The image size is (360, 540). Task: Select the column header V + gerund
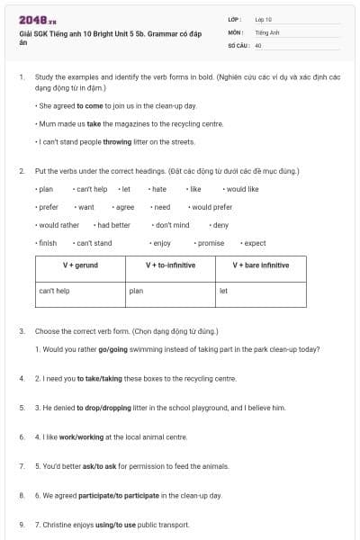coord(80,265)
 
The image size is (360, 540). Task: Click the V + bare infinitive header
coord(261,265)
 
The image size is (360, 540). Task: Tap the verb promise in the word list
coord(211,243)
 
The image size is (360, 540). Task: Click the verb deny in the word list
coord(220,225)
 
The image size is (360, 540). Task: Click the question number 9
coord(22,525)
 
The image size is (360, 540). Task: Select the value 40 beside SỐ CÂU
coord(258,45)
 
